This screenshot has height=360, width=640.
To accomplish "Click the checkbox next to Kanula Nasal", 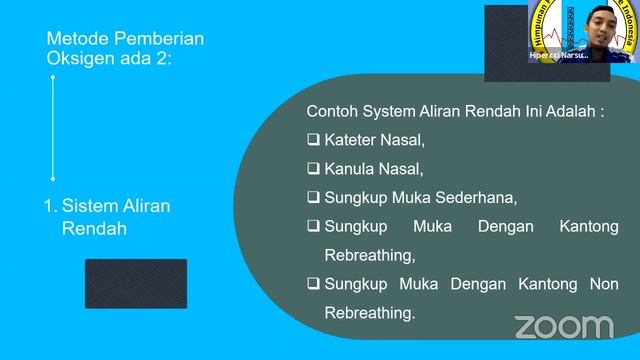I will pyautogui.click(x=314, y=169).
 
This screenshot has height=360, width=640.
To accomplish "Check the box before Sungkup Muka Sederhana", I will pyautogui.click(x=314, y=197).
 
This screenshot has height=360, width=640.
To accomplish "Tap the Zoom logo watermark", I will pyautogui.click(x=563, y=326).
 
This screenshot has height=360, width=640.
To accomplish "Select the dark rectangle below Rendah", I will pyautogui.click(x=135, y=283).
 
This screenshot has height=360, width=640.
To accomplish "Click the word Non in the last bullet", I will pyautogui.click(x=604, y=284).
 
